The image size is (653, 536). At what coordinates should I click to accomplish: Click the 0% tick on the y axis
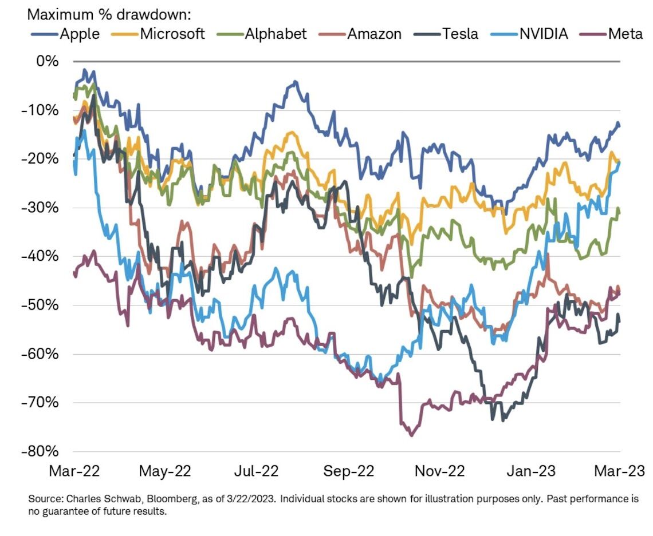[47, 61]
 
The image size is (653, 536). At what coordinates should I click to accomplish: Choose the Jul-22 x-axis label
[257, 471]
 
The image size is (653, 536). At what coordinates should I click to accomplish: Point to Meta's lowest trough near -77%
[411, 435]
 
